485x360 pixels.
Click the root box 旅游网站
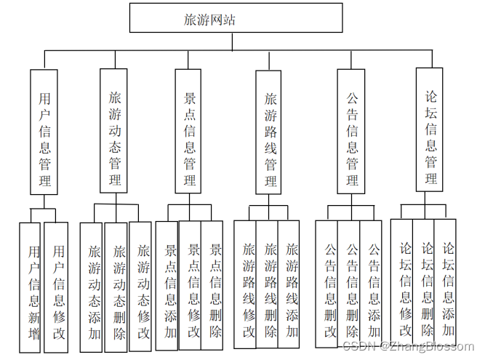(x=236, y=18)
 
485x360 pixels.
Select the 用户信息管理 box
(x=44, y=131)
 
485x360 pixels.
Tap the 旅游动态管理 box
(x=114, y=131)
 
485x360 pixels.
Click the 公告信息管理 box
(x=352, y=131)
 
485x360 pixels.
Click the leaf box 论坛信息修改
(x=404, y=287)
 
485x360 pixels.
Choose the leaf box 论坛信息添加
(x=447, y=287)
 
